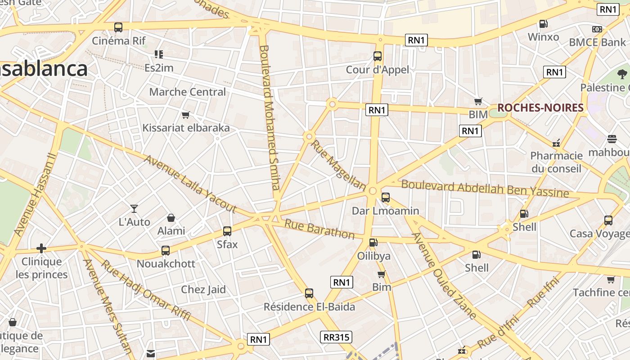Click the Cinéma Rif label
click(x=119, y=41)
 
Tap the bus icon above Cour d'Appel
click(x=378, y=56)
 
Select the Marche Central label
click(x=187, y=92)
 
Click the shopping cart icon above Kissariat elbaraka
click(x=185, y=115)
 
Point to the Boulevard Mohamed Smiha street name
click(x=270, y=117)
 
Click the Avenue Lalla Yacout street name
click(x=190, y=184)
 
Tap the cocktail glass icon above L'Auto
click(x=134, y=208)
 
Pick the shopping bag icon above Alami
click(x=171, y=218)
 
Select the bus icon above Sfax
click(x=227, y=231)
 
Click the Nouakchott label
click(x=166, y=264)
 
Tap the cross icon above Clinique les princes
click(x=41, y=248)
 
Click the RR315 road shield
click(x=336, y=337)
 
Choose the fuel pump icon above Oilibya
click(x=373, y=243)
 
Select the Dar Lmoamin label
click(x=385, y=211)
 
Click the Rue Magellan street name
click(x=338, y=165)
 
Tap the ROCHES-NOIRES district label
click(x=540, y=108)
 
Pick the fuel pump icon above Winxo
click(x=543, y=24)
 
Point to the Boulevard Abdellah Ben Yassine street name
click(x=485, y=189)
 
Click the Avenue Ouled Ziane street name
click(x=444, y=275)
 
